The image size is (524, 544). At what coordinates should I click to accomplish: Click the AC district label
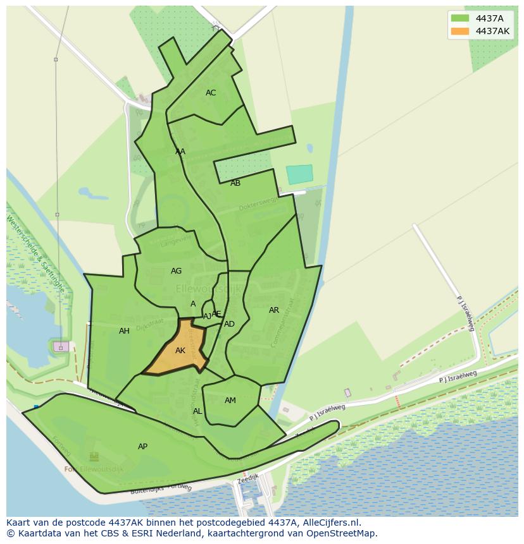click(x=211, y=93)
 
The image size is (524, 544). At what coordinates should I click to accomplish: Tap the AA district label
click(x=180, y=152)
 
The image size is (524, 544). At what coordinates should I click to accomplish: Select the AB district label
click(x=235, y=183)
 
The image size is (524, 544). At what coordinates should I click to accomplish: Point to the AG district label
click(x=176, y=271)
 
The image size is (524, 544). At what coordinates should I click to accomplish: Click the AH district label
click(x=124, y=331)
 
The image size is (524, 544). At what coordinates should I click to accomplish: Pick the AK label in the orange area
click(x=180, y=351)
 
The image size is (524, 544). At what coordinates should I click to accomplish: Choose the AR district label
click(x=274, y=310)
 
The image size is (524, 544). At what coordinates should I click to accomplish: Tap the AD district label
click(x=229, y=324)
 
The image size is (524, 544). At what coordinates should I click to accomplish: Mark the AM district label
click(x=230, y=401)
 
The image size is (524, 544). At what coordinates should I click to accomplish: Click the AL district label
click(x=197, y=411)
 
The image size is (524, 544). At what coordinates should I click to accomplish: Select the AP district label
click(x=143, y=447)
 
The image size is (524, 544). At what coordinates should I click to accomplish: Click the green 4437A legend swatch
click(x=460, y=18)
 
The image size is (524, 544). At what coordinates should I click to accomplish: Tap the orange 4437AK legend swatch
click(x=460, y=31)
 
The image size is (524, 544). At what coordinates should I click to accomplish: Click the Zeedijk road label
click(x=249, y=480)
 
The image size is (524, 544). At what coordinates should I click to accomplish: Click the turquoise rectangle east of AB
click(x=299, y=174)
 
